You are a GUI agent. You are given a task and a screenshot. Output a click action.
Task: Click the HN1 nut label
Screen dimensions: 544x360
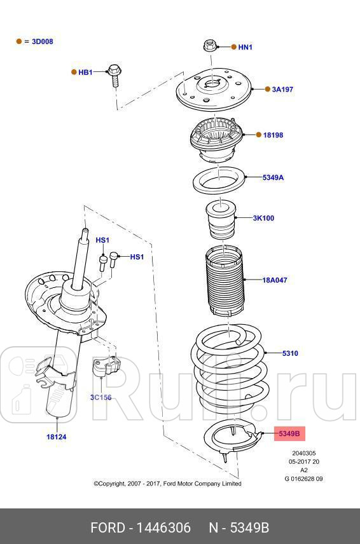click(246, 47)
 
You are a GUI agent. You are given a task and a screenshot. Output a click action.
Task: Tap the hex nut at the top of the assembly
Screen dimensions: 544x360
click(210, 46)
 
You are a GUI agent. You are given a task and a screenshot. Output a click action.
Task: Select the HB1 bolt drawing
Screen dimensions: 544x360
click(115, 74)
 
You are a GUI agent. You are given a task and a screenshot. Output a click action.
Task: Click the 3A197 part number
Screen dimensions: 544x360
click(282, 90)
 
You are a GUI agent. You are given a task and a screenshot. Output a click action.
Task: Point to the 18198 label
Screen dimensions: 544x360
click(273, 135)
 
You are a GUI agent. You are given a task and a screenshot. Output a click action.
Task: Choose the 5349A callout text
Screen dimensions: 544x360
click(273, 177)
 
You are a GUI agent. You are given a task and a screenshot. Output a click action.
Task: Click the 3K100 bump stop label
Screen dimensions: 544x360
click(263, 218)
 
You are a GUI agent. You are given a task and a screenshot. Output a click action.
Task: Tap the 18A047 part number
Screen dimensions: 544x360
click(275, 279)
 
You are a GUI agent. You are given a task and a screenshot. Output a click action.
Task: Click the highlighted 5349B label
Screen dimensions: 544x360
click(290, 434)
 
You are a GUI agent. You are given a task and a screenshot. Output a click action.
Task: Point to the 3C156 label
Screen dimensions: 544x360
click(100, 398)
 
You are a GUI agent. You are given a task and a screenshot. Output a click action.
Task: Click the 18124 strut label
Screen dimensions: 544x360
click(56, 437)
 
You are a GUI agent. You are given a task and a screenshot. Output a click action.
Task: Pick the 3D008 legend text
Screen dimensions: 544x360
click(43, 41)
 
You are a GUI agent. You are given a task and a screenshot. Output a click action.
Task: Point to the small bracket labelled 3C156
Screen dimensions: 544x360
click(107, 368)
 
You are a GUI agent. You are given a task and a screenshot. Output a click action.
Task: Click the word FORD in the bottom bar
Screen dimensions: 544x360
click(107, 528)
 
